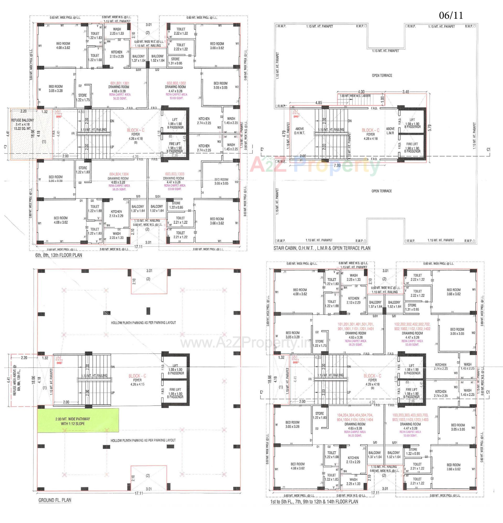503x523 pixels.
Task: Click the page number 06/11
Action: click(451, 15)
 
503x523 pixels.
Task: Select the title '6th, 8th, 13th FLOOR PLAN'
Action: click(59, 255)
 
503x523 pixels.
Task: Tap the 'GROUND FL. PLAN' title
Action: click(55, 500)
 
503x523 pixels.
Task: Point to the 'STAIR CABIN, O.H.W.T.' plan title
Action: click(322, 248)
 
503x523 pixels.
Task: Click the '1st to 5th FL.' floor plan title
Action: click(314, 502)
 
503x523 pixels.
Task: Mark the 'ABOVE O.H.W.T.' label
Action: click(299, 131)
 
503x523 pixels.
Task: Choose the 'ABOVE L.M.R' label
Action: click(390, 131)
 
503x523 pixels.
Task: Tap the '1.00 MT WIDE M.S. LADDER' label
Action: click(355, 96)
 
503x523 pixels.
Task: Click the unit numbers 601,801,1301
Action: click(120, 83)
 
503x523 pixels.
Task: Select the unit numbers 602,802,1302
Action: click(176, 83)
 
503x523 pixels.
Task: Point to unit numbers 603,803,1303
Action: click(175, 174)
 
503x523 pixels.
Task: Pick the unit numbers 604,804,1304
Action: click(119, 174)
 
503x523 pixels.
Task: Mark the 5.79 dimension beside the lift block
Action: click(430, 128)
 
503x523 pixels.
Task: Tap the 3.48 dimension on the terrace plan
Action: click(406, 92)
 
